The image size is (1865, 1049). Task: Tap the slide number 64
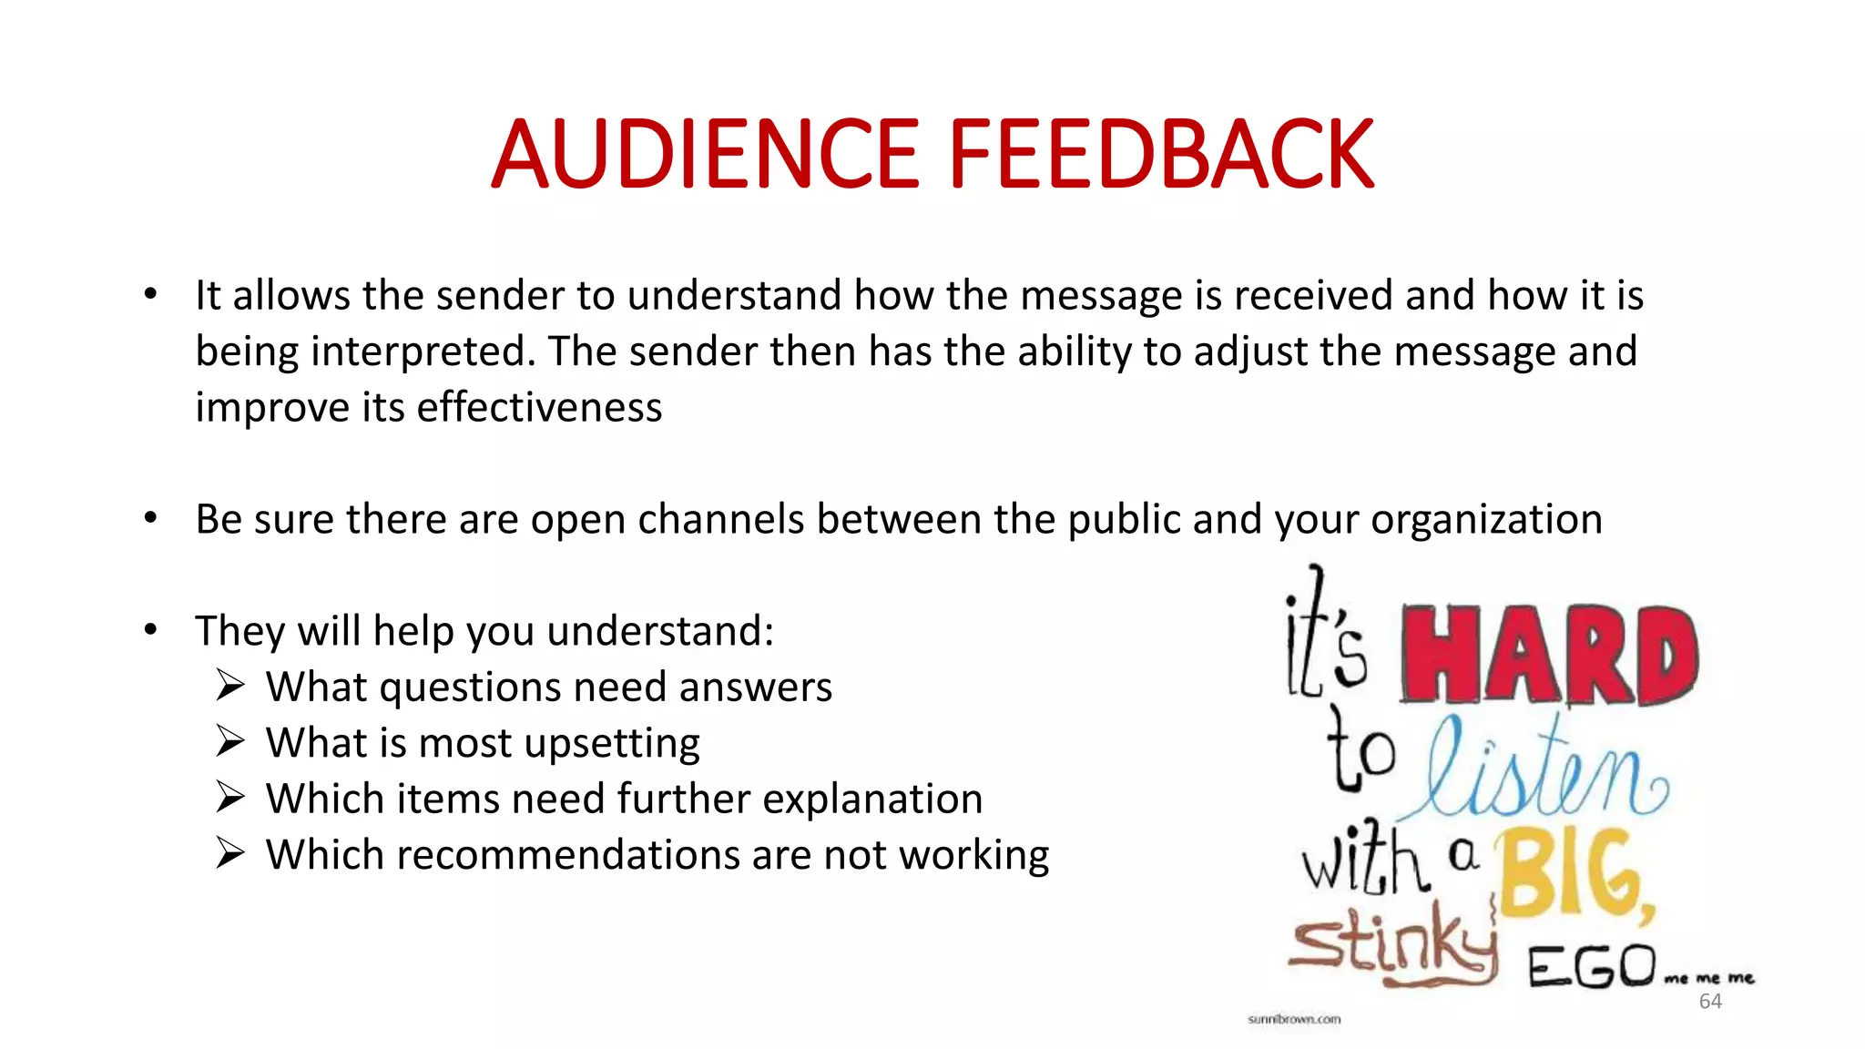1710,1002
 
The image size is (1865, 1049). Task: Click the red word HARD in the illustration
1548,656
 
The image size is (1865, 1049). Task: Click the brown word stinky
1393,947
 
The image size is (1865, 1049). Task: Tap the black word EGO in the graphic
1591,967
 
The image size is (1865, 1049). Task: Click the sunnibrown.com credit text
1294,1019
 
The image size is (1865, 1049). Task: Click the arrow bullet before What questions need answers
230,686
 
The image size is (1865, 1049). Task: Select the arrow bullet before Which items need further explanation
230,798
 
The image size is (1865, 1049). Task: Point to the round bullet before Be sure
151,518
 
